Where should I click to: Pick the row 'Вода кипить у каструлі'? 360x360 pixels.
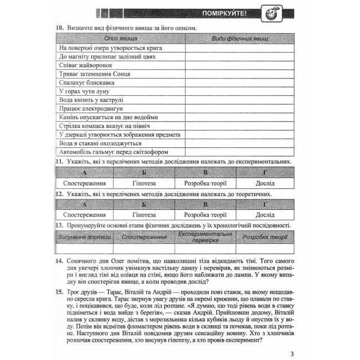[x=91, y=100]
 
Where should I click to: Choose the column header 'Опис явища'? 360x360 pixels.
[x=121, y=39]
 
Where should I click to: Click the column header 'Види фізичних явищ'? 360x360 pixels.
[x=239, y=39]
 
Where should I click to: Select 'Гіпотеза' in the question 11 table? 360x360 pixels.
[x=145, y=183]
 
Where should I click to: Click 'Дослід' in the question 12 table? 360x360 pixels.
[x=265, y=214]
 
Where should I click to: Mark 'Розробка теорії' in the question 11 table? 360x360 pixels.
[x=205, y=183]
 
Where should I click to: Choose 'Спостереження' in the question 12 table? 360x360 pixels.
[x=84, y=214]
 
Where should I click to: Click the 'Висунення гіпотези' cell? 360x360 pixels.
[x=84, y=237]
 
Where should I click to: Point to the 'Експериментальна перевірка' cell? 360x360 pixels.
[x=205, y=237]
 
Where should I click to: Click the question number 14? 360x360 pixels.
[x=59, y=260]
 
